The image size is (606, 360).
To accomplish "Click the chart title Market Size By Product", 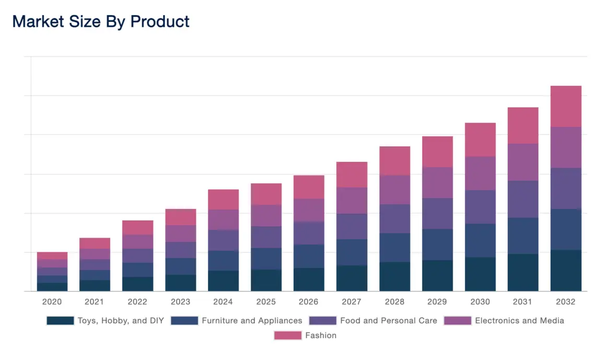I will (101, 21).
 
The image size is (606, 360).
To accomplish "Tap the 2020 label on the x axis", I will (52, 302).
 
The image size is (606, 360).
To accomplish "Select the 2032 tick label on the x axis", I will (565, 302).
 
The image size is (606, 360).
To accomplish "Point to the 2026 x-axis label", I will (309, 302).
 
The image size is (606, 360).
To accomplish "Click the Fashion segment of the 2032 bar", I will (566, 106).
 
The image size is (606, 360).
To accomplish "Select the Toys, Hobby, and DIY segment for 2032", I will (566, 270).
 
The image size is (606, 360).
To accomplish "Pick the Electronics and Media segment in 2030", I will (480, 173).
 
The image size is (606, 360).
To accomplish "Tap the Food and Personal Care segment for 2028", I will (394, 218).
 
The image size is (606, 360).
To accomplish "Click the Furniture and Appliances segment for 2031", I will (523, 236).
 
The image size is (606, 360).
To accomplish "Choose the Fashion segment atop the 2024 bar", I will (223, 199).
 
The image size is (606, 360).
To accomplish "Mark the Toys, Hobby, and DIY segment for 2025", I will (266, 280).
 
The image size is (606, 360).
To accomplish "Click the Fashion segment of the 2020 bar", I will (52, 256).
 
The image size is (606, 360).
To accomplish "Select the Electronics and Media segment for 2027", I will (352, 200).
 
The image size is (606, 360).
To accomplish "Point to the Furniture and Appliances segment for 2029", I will (437, 244).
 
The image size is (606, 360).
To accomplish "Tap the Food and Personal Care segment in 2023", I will (180, 250).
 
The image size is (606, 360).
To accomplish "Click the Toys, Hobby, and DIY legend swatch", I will (60, 321).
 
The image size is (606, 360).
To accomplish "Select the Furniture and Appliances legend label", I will (252, 321).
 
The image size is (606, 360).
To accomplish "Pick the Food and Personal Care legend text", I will (388, 321).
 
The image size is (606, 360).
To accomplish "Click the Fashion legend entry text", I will (321, 335).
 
